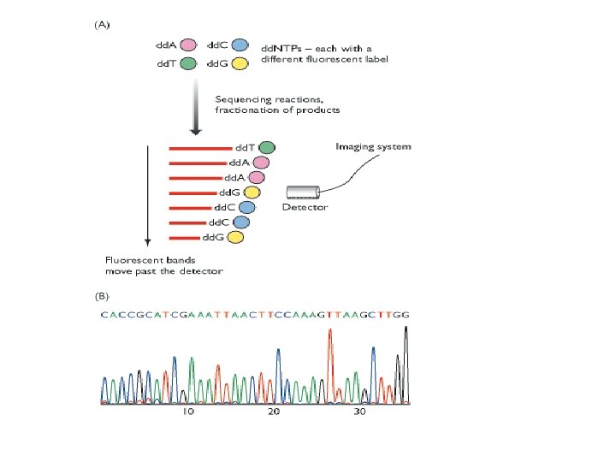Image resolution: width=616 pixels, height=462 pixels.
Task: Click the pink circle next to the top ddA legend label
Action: pos(188,44)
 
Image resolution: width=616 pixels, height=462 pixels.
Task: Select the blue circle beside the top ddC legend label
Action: pos(240,44)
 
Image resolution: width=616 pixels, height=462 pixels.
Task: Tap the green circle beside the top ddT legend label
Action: pos(188,63)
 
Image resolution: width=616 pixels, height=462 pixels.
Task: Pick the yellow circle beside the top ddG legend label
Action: pos(240,63)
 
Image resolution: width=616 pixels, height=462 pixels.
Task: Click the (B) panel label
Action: pos(101,296)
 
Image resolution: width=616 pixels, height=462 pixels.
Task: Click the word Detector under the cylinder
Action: pos(305,208)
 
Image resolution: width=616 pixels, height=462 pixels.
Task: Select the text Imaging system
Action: pos(372,146)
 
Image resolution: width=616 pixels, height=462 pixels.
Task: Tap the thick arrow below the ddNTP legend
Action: pos(196,107)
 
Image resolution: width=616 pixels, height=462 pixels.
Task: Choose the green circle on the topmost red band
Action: pos(267,148)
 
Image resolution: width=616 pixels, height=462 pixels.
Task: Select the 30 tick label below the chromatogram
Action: pos(359,412)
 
